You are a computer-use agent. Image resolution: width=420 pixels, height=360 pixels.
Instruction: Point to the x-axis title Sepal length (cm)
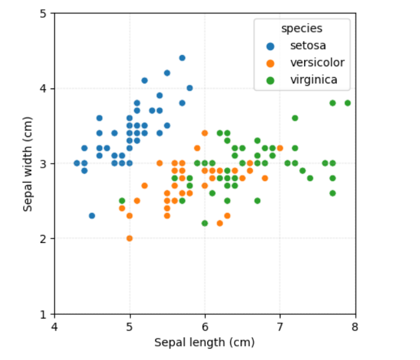click(x=204, y=342)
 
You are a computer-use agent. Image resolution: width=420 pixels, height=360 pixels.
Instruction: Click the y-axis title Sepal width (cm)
click(x=28, y=164)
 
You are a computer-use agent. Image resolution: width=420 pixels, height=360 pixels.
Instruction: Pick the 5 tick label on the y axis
click(x=44, y=14)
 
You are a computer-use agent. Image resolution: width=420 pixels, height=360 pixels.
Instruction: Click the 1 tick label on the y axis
click(x=44, y=314)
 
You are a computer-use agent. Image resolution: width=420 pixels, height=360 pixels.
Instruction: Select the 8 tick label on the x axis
click(x=355, y=327)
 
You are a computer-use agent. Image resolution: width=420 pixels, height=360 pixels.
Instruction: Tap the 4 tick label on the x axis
click(x=55, y=327)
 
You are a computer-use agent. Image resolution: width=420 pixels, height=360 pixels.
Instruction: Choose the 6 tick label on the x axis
click(x=205, y=327)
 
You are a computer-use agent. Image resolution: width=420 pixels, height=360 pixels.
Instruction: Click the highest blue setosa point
click(x=182, y=58)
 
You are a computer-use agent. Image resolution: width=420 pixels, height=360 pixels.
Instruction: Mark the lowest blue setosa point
click(x=92, y=216)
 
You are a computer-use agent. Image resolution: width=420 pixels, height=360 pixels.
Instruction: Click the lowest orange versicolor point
click(x=130, y=238)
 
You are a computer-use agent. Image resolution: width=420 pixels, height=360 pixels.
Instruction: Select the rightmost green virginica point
click(x=348, y=103)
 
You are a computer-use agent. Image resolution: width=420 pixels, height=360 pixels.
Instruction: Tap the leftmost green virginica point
click(x=122, y=201)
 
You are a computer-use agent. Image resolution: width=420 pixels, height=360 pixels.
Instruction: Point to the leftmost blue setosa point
click(x=77, y=163)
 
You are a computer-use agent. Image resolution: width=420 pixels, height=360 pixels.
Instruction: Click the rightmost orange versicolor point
click(x=280, y=148)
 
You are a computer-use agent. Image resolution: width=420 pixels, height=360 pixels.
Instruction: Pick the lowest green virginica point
click(x=205, y=223)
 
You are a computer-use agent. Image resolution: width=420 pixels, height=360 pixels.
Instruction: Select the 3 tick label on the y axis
click(x=44, y=164)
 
